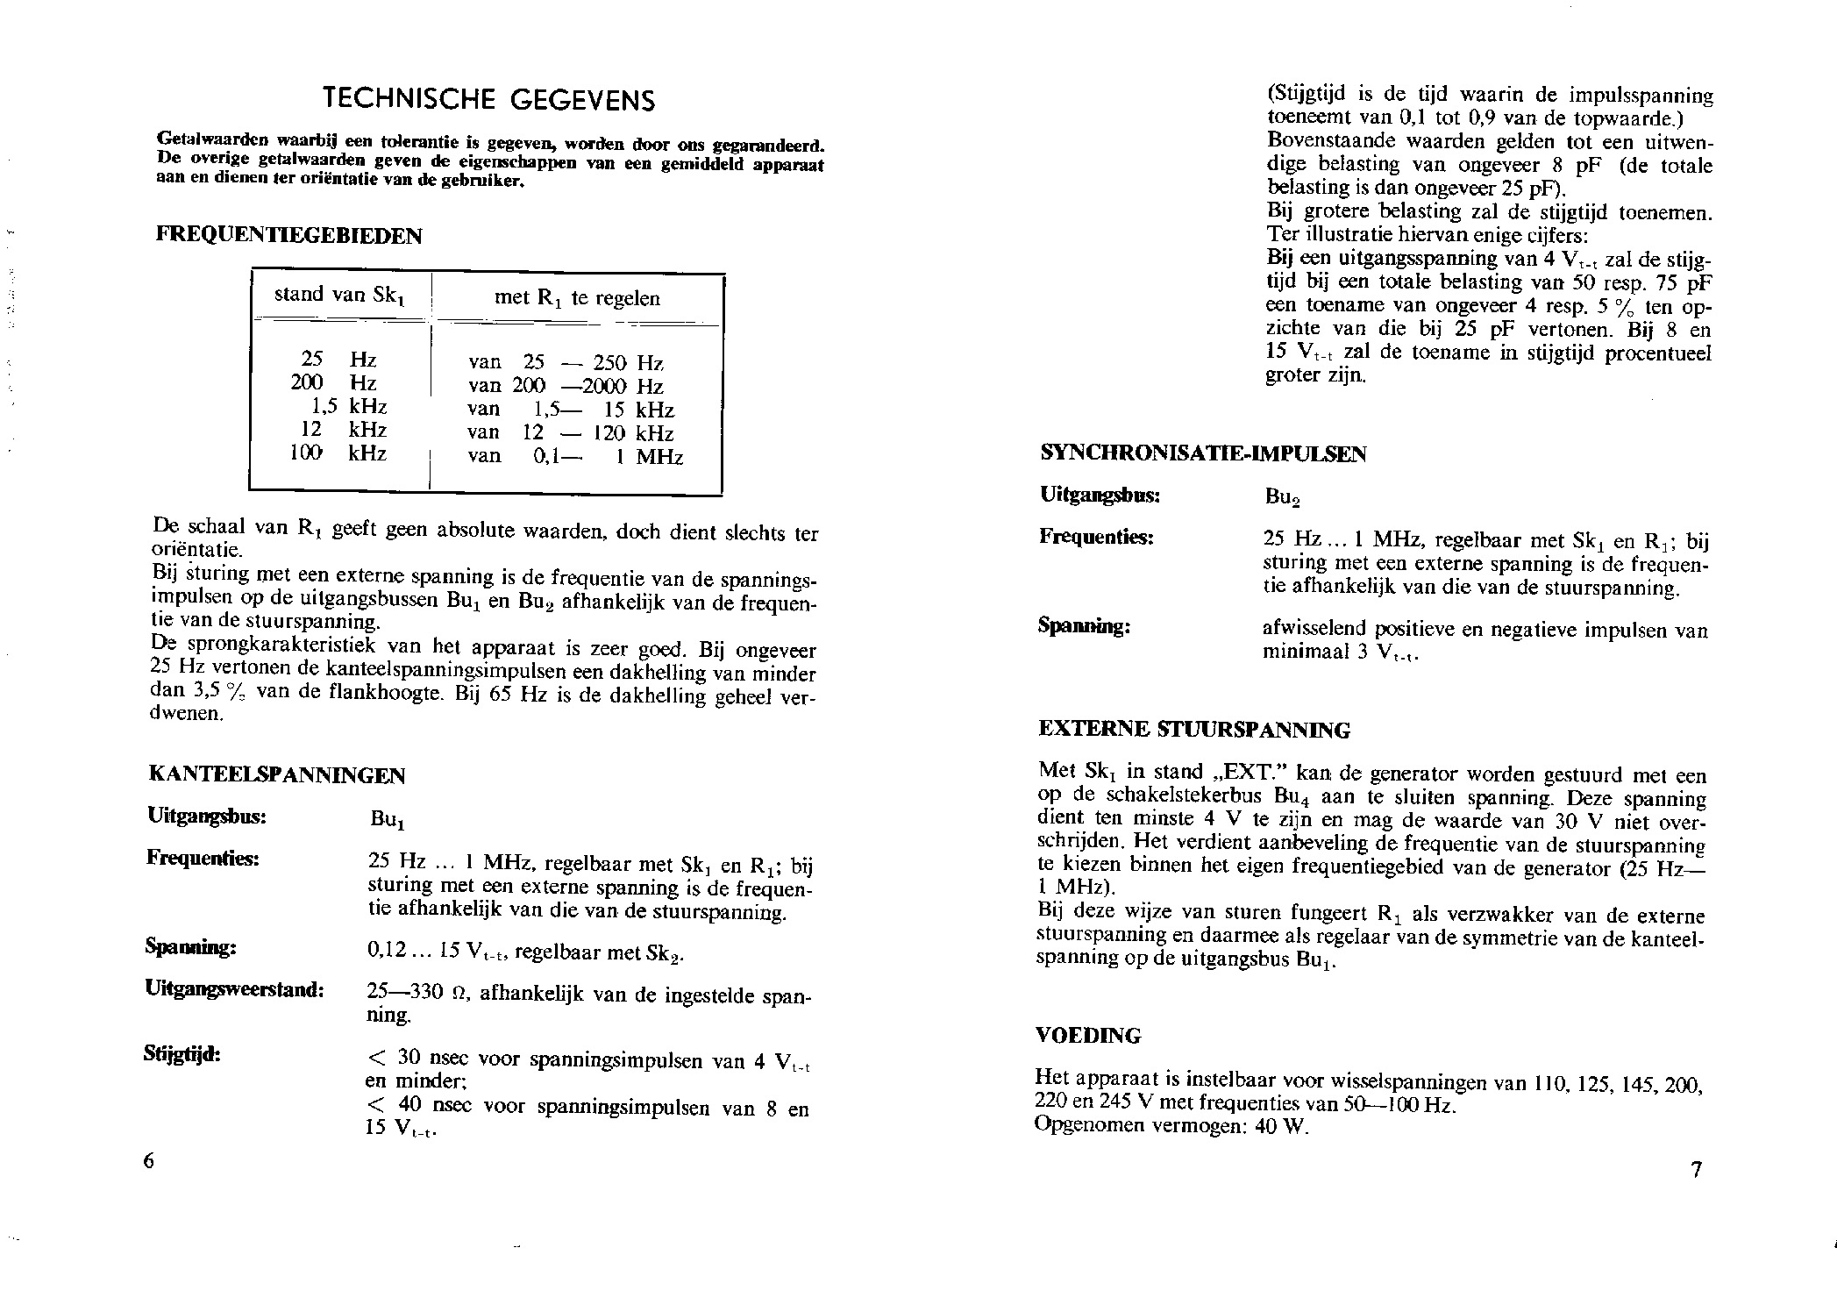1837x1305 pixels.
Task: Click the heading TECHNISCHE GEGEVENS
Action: click(x=488, y=99)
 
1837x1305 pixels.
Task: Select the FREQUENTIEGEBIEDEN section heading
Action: click(x=288, y=235)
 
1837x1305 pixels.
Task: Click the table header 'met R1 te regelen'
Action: click(x=577, y=298)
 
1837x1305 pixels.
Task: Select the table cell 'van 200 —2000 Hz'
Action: click(x=566, y=386)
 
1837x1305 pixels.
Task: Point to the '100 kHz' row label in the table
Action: click(x=338, y=453)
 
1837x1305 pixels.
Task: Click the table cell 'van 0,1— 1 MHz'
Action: click(x=575, y=456)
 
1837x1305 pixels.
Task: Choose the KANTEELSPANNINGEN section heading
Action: click(x=278, y=775)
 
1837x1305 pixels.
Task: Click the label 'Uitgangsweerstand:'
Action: click(x=235, y=989)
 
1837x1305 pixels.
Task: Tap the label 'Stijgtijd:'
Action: click(x=182, y=1053)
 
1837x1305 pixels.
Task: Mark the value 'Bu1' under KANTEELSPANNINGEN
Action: click(x=387, y=819)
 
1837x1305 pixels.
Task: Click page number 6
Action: click(x=148, y=1160)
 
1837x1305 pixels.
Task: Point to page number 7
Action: click(x=1697, y=1170)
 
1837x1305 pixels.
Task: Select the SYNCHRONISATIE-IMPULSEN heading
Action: click(x=1202, y=453)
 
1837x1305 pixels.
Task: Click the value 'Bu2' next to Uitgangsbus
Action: click(x=1282, y=497)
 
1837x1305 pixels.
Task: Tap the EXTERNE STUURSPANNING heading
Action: click(x=1194, y=730)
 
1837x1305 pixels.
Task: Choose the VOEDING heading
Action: click(x=1088, y=1036)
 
